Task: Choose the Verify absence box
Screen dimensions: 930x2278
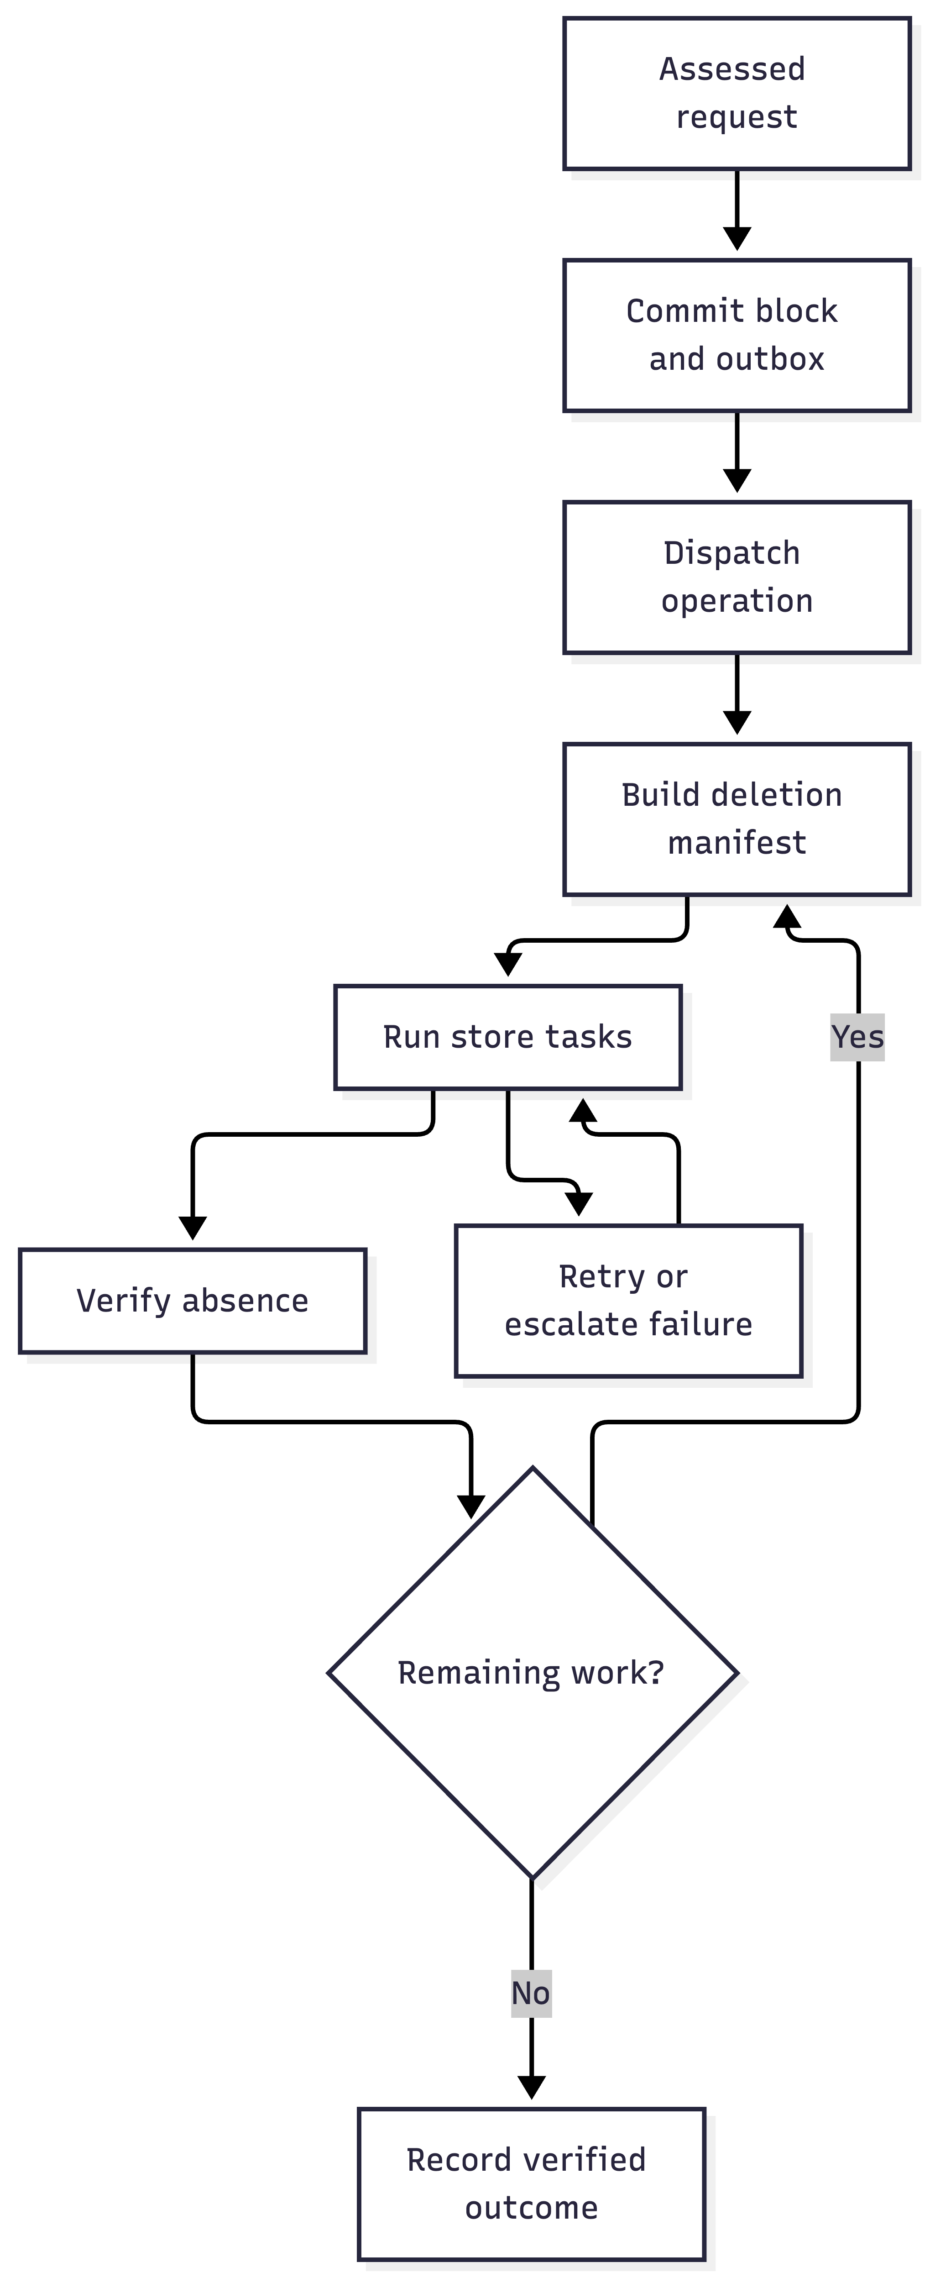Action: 193,1301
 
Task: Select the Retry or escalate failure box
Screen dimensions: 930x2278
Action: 628,1301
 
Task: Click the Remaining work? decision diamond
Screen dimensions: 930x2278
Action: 532,1673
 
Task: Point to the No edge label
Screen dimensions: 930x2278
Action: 531,1993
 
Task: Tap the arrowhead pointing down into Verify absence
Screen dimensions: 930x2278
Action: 193,1228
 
